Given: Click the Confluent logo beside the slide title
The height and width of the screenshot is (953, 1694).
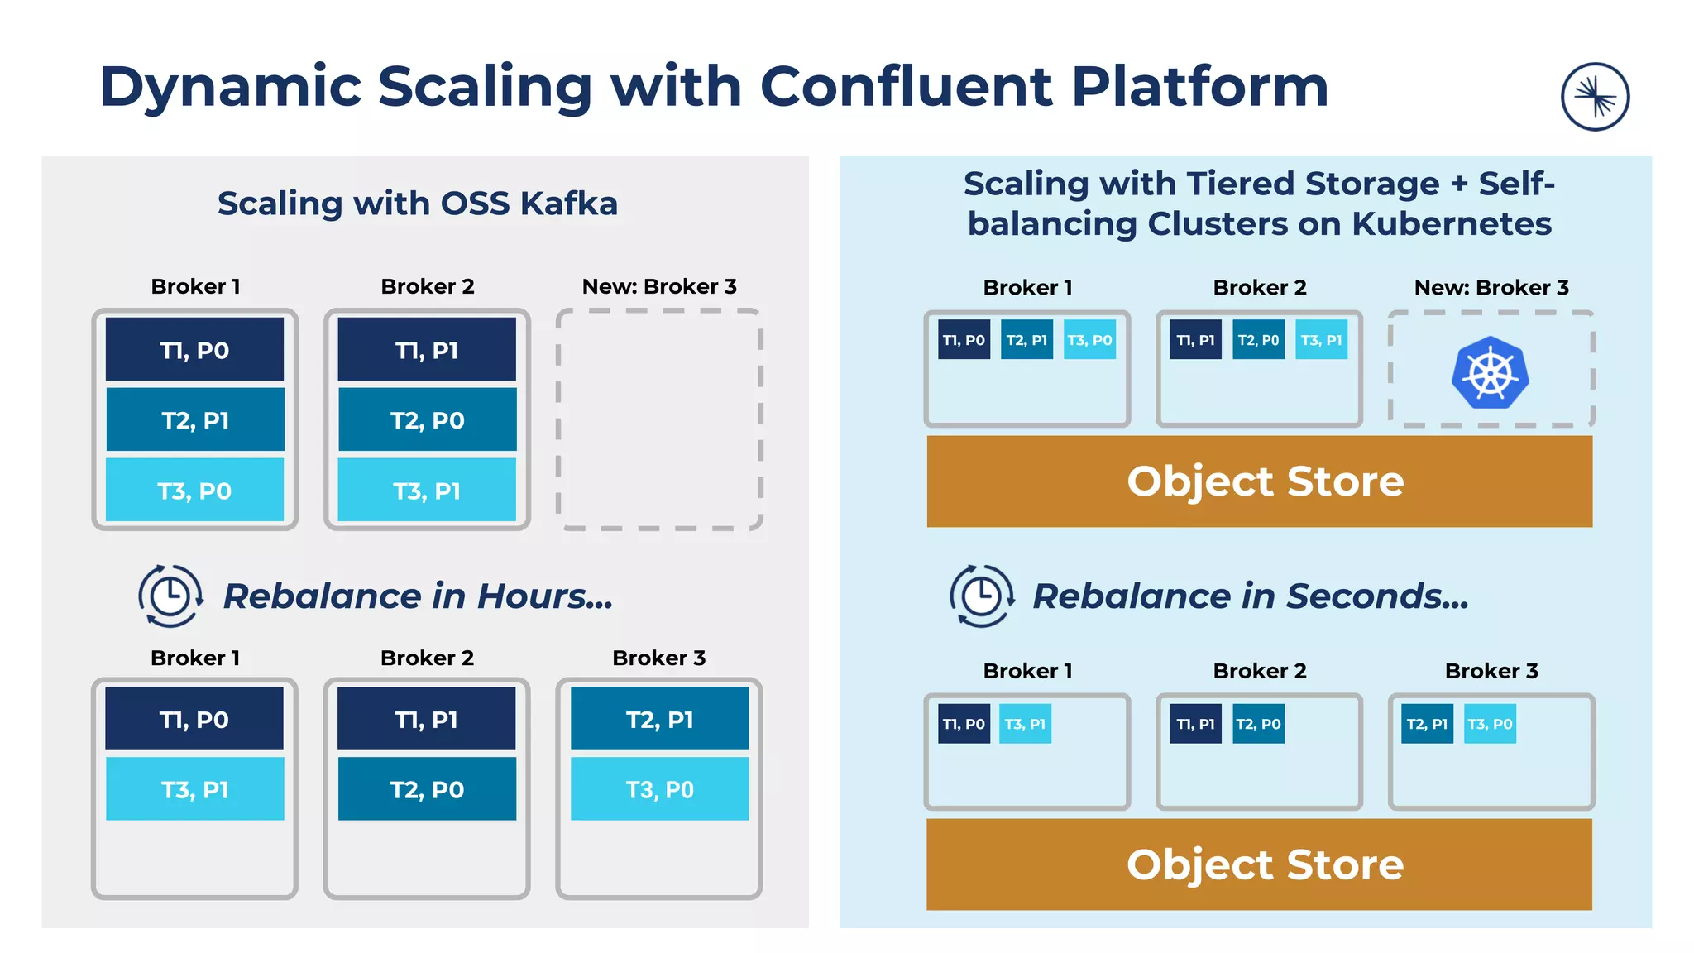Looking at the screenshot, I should tap(1595, 97).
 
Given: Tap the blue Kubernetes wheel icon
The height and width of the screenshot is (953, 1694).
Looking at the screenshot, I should tap(1490, 373).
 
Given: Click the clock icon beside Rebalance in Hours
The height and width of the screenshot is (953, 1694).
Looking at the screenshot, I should tap(170, 596).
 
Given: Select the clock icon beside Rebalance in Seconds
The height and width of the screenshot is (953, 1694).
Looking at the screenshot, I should tap(982, 596).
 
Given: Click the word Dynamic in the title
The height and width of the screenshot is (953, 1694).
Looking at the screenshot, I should tap(230, 87).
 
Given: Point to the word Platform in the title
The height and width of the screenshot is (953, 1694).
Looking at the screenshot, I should tap(1199, 87).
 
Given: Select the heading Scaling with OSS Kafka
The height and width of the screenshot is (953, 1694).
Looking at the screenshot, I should tap(418, 204).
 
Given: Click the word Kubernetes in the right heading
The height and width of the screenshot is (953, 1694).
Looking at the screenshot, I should tap(1452, 224).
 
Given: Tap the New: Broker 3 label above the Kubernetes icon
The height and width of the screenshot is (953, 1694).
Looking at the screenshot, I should tap(1491, 287).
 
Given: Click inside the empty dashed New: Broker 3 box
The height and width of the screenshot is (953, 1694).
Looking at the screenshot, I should tap(659, 419).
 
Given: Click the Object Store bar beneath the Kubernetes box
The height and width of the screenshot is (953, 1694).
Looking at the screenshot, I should tap(1260, 481).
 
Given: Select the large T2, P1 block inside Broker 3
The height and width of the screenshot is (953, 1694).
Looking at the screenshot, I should tap(659, 720).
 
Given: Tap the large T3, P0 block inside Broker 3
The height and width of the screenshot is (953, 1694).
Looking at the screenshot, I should tap(659, 790).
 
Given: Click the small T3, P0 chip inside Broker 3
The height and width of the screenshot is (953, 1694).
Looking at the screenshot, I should tap(1490, 724).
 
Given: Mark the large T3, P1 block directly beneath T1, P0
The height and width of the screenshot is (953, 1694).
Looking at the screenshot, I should tap(195, 790).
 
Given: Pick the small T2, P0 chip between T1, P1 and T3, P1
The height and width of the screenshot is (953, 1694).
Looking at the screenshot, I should tap(1258, 340).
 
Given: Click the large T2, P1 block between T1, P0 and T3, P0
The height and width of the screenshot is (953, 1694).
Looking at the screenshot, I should tap(195, 420).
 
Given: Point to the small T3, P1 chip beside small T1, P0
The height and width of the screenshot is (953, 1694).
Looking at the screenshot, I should tap(1025, 724).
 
